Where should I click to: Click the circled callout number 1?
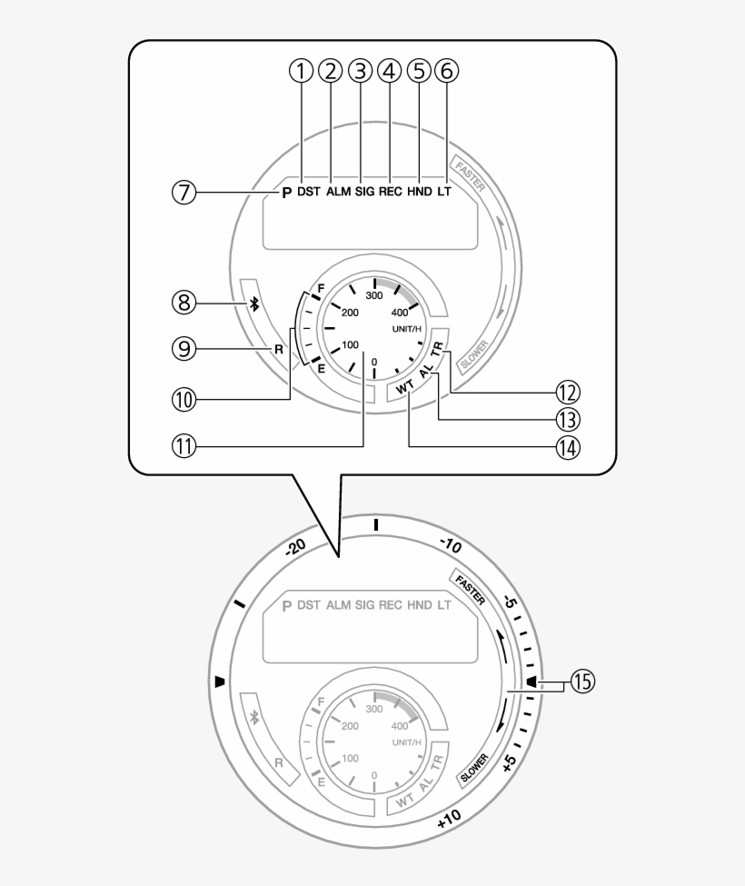(x=301, y=70)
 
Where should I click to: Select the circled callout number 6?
(x=446, y=70)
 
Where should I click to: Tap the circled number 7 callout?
(x=184, y=193)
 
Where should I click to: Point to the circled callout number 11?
(x=184, y=446)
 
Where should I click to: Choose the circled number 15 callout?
(x=581, y=682)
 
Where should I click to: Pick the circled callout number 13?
(x=569, y=419)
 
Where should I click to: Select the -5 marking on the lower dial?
(x=512, y=603)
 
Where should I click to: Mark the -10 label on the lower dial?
(x=452, y=547)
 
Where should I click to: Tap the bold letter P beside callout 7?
(x=286, y=194)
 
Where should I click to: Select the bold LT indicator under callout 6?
(x=444, y=193)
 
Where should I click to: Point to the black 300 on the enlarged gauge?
(x=373, y=295)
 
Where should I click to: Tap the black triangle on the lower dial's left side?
(x=218, y=681)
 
